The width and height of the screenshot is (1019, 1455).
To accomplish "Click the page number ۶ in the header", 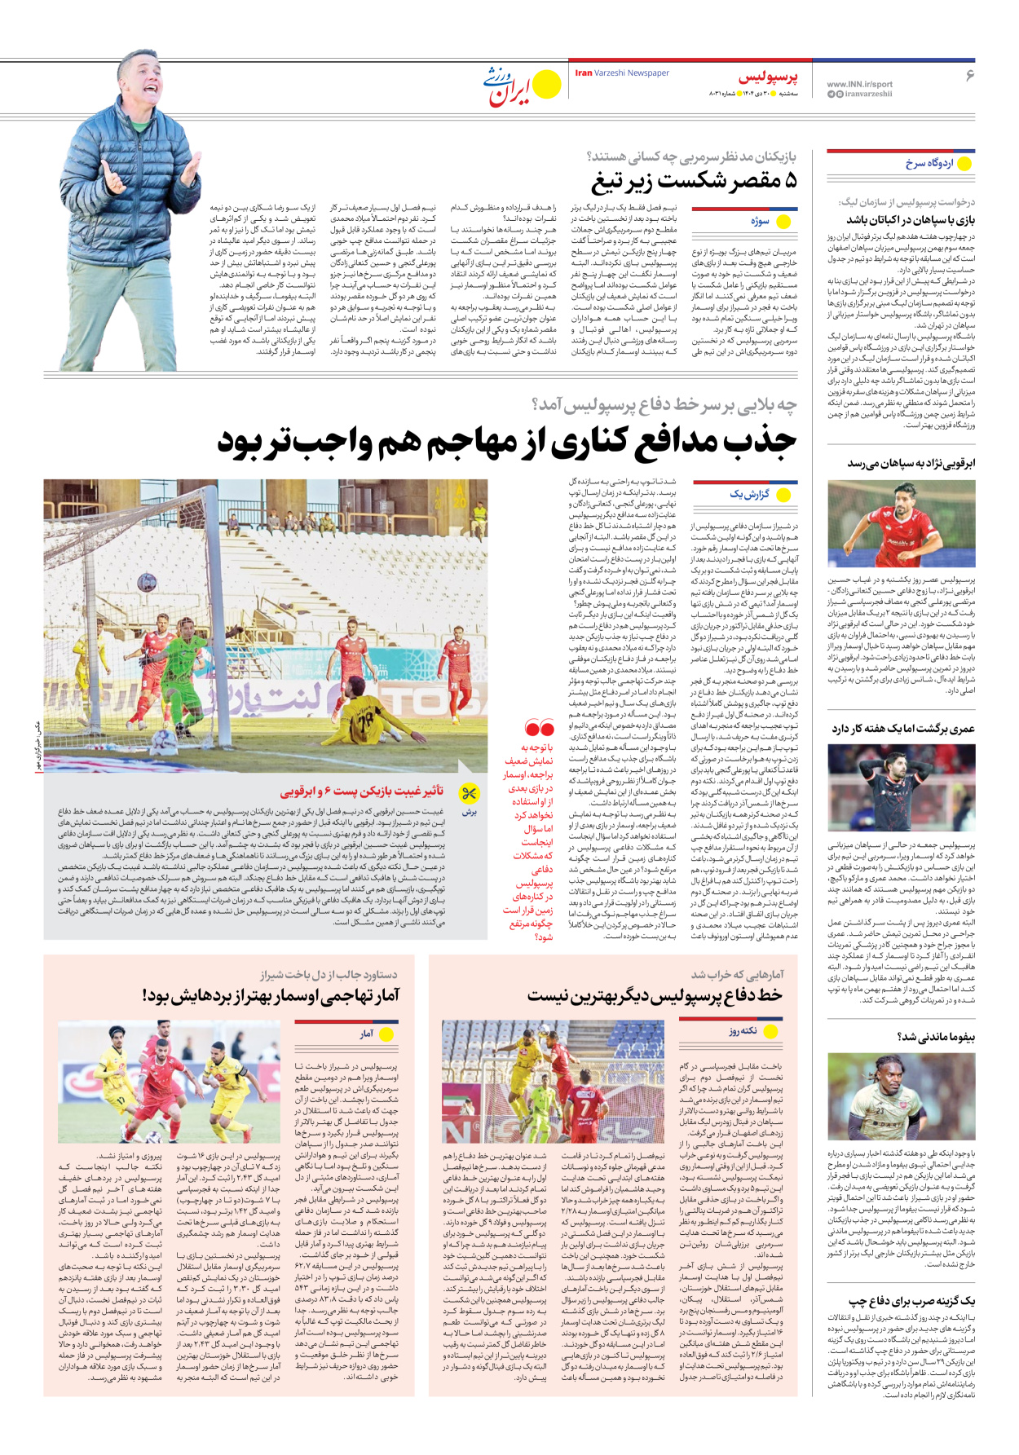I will (x=969, y=75).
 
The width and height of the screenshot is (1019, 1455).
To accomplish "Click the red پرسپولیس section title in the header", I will (x=768, y=77).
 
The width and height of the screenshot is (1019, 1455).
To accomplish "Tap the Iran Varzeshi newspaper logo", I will (x=522, y=85).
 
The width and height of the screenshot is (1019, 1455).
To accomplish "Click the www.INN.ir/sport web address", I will (x=859, y=84).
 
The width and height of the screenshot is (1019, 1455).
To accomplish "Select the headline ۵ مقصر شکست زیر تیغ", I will (x=694, y=181).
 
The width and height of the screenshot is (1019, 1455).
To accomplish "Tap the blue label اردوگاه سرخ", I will (x=929, y=163).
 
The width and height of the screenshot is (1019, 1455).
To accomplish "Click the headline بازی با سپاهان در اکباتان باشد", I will (x=910, y=220).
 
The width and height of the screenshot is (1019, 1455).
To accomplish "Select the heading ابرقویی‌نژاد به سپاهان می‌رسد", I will (x=911, y=463).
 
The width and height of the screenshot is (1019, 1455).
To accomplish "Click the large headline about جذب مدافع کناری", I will (x=506, y=443).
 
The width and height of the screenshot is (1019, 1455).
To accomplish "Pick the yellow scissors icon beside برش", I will (x=469, y=793).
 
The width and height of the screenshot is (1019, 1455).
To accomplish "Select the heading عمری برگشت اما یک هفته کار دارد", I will (x=903, y=729).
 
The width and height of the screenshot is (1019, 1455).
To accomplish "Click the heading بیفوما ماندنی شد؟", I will (x=936, y=1037).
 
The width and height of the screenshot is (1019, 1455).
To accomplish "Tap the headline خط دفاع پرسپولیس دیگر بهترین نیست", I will (x=655, y=995).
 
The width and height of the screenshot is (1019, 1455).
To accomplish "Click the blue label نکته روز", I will (x=743, y=1031).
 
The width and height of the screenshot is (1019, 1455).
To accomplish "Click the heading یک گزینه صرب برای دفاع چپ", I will (x=911, y=1301).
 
